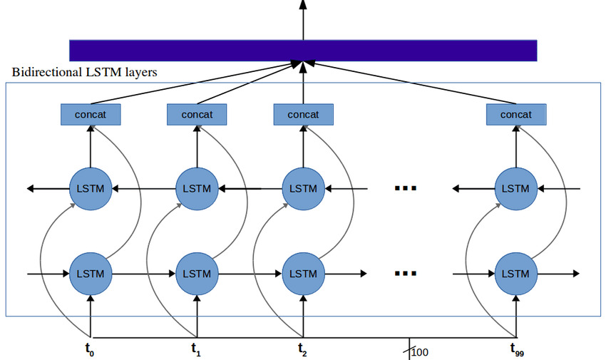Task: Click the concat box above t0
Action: pos(91,114)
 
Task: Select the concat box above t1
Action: pos(197,114)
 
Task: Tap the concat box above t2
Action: pos(304,114)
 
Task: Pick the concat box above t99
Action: pos(516,114)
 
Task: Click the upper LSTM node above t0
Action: pos(91,189)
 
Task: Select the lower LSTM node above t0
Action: pos(91,274)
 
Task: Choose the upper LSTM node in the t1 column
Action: pos(197,189)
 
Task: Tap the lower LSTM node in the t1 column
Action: pos(197,274)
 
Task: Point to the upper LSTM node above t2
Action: pos(304,189)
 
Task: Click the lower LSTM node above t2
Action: pos(304,274)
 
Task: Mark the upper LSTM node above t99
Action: pos(516,189)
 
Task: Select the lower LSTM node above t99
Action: pos(516,274)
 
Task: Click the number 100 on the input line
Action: pos(421,351)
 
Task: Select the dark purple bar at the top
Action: pos(303,50)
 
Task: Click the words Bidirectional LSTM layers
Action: pos(85,73)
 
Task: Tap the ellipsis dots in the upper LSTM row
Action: pos(405,189)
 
